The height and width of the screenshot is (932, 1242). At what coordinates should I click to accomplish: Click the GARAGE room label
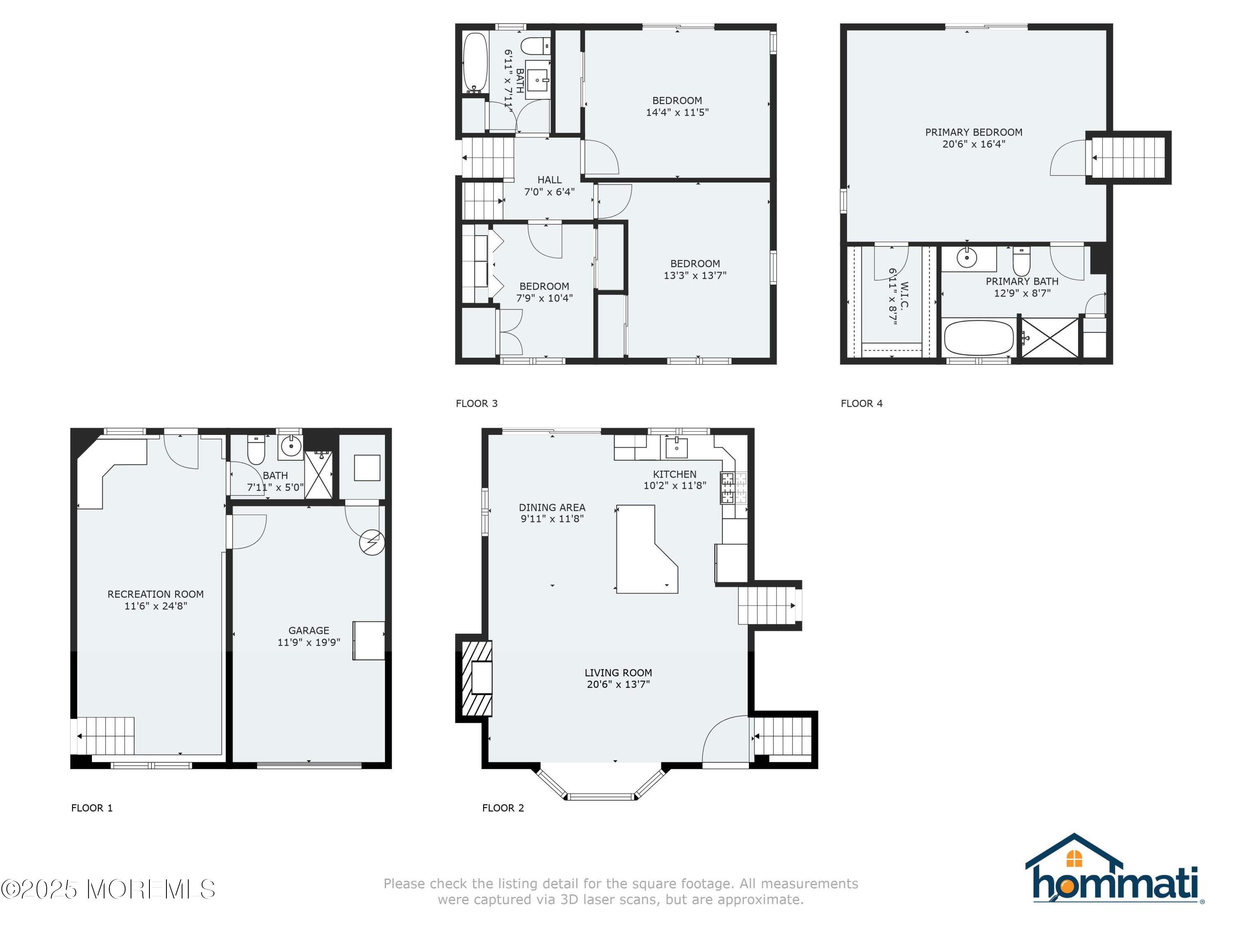(308, 630)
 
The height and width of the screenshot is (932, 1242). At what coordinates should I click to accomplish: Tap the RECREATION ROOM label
(156, 594)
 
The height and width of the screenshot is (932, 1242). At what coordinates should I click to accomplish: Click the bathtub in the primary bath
(979, 338)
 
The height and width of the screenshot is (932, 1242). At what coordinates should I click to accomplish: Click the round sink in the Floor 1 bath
(291, 447)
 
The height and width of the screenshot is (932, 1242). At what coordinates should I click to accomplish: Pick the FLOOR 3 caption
(476, 403)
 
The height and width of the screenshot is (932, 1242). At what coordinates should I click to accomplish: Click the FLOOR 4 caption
(861, 403)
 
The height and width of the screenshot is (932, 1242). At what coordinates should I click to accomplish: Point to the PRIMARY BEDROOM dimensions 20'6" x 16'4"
(974, 144)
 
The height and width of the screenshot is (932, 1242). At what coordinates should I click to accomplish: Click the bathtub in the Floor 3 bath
(475, 63)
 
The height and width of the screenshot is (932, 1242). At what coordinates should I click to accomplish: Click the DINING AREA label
(552, 507)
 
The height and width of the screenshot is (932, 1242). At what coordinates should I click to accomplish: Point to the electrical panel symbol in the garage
(372, 543)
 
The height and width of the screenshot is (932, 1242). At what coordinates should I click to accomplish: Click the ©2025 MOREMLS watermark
(108, 889)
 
